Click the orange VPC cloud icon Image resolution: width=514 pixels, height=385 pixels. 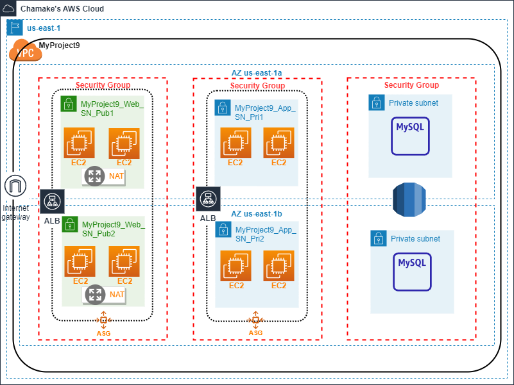[25, 51]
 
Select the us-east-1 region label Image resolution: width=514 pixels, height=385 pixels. [44, 28]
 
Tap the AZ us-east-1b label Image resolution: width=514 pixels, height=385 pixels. [256, 213]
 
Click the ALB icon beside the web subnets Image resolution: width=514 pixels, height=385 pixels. [51, 202]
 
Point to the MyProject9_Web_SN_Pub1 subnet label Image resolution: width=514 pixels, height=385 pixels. [112, 108]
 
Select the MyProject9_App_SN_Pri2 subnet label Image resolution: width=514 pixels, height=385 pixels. [266, 234]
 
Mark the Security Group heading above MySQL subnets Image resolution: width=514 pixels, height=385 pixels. [411, 85]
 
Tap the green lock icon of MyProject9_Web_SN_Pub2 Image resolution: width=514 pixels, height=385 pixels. [70, 225]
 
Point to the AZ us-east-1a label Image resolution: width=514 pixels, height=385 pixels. [257, 73]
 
